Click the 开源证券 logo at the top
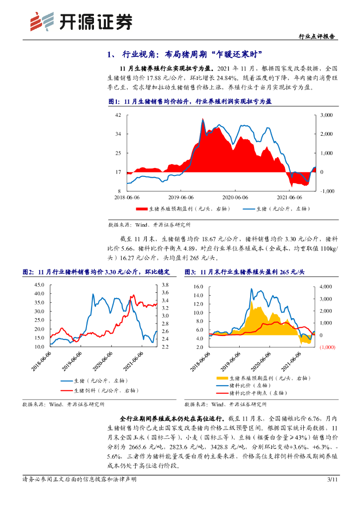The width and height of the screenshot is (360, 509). (82, 21)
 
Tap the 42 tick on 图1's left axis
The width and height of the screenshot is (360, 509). (118, 115)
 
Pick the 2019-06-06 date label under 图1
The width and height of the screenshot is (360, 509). (181, 197)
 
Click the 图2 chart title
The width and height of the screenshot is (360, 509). (96, 272)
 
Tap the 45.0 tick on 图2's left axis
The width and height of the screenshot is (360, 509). (39, 285)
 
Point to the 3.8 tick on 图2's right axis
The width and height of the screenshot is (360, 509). (165, 285)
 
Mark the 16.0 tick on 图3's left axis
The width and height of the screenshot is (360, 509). (199, 287)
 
